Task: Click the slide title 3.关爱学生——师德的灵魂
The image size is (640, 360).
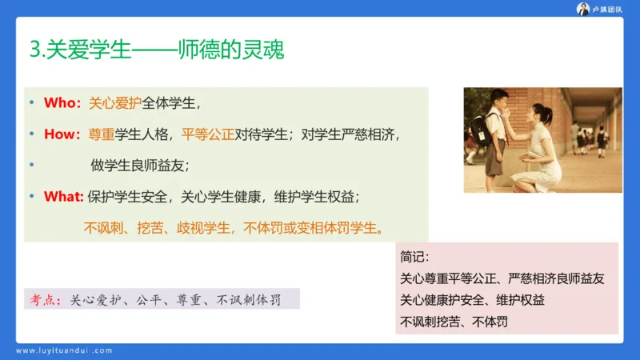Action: point(156,50)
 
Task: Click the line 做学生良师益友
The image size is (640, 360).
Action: point(140,166)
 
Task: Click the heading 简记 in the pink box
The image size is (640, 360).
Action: point(415,258)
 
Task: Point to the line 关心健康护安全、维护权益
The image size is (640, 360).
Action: point(477,301)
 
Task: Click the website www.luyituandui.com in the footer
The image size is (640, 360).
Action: point(65,350)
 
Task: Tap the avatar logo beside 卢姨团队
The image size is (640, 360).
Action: point(583,9)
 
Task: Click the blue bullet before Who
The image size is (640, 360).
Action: point(32,103)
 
